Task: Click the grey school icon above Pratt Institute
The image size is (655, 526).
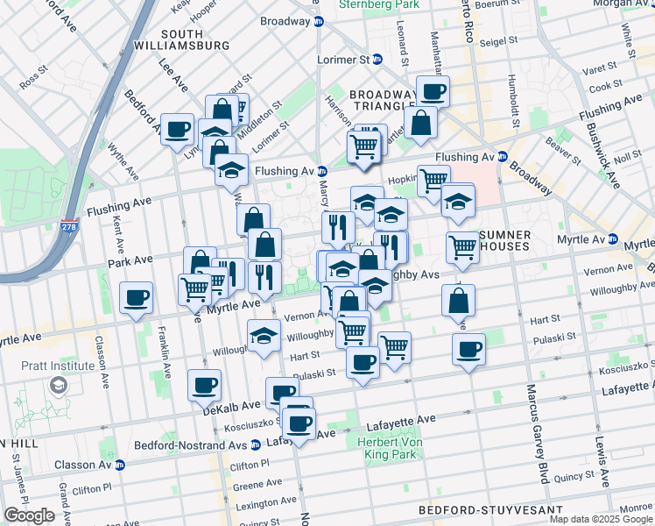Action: coord(58,385)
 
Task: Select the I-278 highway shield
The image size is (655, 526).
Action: coord(69,227)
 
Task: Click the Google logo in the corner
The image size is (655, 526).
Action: coord(29,515)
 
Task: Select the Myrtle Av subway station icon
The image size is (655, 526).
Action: coord(614,239)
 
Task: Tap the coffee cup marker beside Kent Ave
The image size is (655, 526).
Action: coord(136,298)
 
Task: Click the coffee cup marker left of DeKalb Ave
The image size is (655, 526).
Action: coord(204,384)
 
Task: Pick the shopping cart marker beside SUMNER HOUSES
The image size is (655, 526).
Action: coord(462,247)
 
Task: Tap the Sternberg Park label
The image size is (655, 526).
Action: coord(382,4)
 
